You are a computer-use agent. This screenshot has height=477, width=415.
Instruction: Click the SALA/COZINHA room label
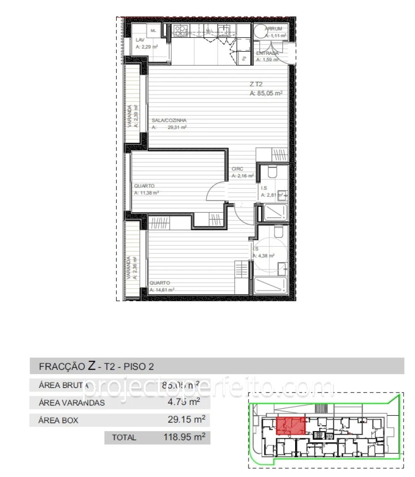(x=169, y=120)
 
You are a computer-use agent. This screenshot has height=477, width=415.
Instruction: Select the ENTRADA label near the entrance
(x=267, y=53)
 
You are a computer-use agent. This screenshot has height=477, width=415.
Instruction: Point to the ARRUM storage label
(x=273, y=29)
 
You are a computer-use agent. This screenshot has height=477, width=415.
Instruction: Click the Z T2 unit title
(x=256, y=84)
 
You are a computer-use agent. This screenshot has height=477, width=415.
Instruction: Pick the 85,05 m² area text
(x=266, y=93)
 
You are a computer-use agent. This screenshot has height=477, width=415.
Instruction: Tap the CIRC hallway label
(x=237, y=169)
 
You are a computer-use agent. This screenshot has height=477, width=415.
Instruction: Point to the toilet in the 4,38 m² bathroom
(x=278, y=232)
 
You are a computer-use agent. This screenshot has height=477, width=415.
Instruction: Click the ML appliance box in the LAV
(x=154, y=31)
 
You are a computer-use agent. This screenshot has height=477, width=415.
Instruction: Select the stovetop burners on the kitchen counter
(x=180, y=31)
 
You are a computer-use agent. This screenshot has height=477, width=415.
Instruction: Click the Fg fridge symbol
(x=244, y=58)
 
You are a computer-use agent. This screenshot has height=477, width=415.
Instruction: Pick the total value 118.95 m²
(x=184, y=437)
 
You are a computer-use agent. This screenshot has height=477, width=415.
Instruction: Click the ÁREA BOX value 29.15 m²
(x=186, y=420)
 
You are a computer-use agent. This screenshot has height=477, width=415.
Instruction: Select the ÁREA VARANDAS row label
(x=71, y=403)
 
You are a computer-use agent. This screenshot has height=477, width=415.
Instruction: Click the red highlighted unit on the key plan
(x=291, y=426)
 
